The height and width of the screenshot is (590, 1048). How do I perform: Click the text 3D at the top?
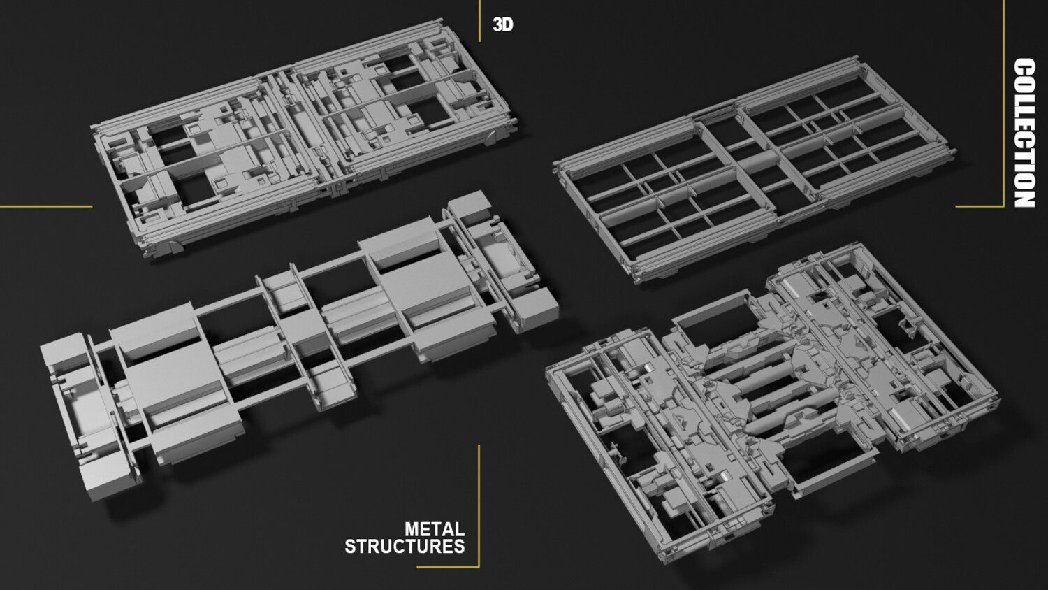[x=503, y=25]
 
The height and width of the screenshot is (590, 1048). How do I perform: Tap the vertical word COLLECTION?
[x=1024, y=133]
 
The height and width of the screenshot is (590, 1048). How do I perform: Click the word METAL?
[x=435, y=530]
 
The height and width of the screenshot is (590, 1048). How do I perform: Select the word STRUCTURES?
[x=405, y=547]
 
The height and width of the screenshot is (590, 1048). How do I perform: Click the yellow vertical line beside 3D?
[x=479, y=20]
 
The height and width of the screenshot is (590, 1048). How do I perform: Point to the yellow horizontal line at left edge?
[x=46, y=206]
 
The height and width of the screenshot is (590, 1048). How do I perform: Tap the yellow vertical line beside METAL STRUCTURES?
[x=479, y=505]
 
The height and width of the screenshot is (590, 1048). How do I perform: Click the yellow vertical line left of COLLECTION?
[x=1003, y=103]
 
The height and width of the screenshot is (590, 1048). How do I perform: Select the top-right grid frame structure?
[x=753, y=171]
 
